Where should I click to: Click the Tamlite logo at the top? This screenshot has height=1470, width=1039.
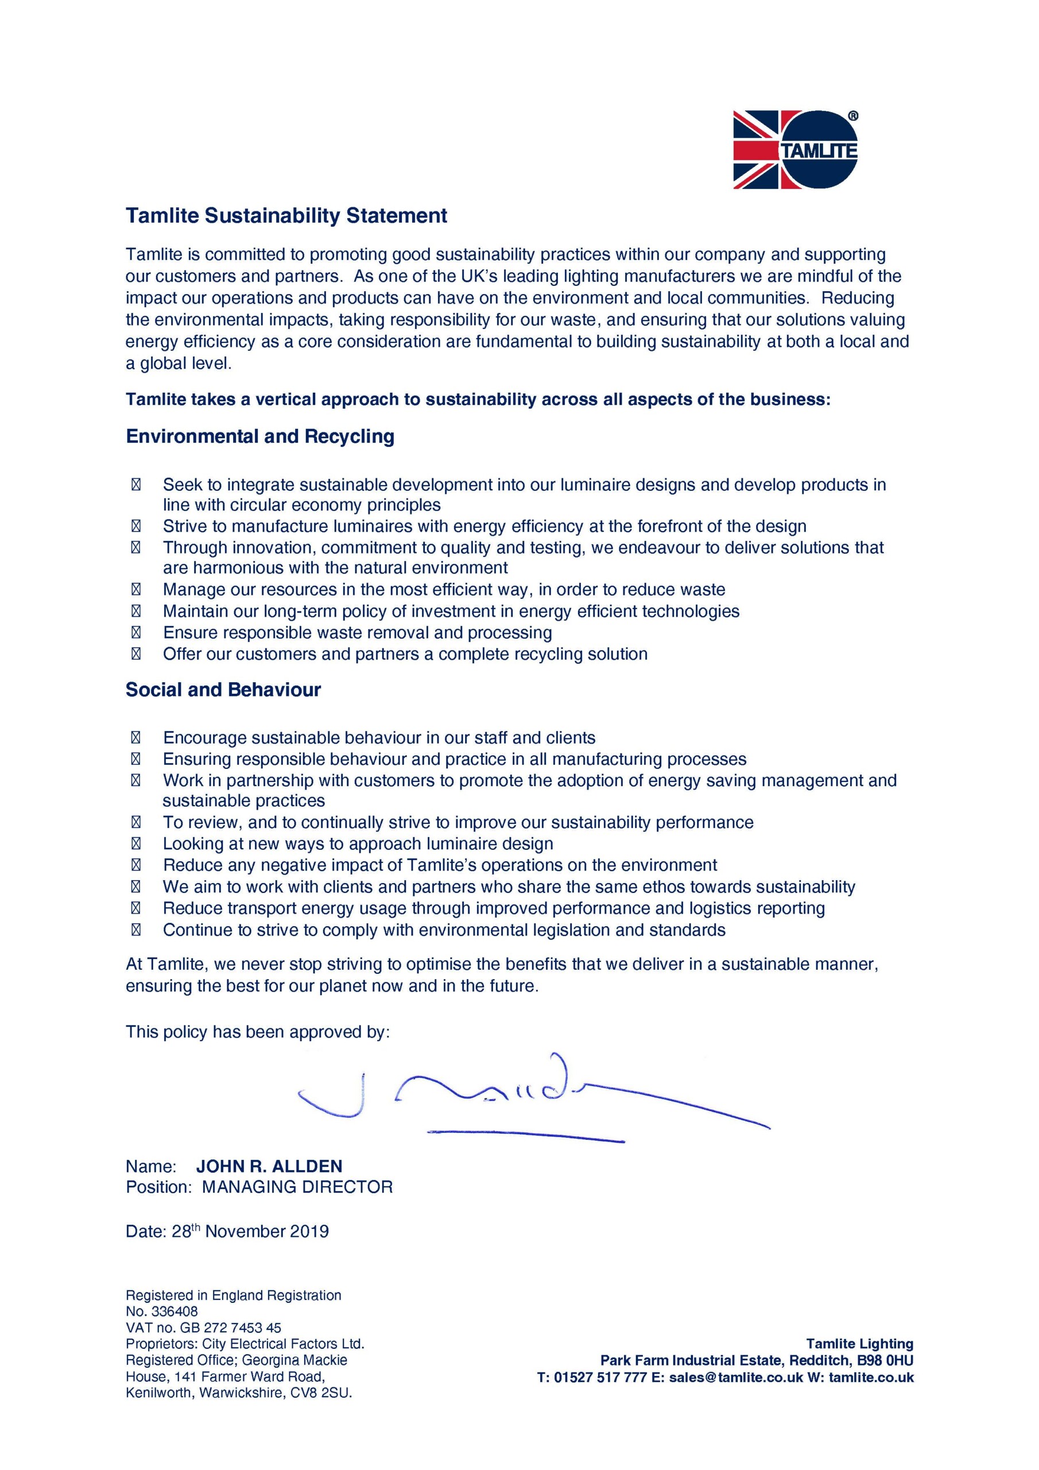click(x=795, y=150)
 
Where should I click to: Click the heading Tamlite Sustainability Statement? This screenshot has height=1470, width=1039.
click(x=286, y=216)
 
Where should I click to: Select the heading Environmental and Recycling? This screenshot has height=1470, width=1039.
click(x=260, y=436)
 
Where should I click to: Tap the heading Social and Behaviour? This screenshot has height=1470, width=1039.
click(x=223, y=690)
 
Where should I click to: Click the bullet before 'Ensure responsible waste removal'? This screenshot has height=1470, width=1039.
click(x=135, y=633)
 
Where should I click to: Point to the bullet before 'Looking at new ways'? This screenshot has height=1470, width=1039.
click(x=135, y=844)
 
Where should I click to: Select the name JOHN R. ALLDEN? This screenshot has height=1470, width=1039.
click(x=269, y=1166)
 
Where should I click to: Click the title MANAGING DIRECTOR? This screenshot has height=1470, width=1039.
click(x=297, y=1187)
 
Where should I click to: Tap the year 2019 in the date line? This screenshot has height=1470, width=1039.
click(x=309, y=1231)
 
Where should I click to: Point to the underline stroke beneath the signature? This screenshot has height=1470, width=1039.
click(x=525, y=1136)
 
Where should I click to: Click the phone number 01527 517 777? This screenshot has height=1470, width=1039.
click(x=600, y=1377)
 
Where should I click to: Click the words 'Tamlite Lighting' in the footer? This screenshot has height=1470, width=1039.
click(x=859, y=1344)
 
